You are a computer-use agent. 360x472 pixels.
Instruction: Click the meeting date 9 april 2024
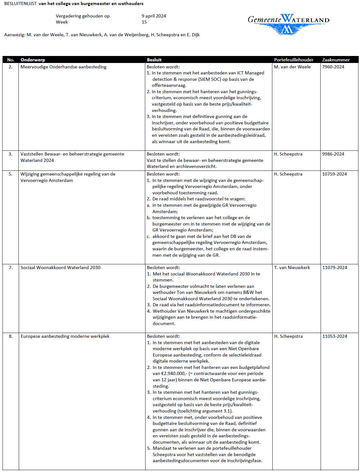(154, 16)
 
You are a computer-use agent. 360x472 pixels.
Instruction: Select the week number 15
(144, 22)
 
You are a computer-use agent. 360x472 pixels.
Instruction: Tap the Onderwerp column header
(33, 60)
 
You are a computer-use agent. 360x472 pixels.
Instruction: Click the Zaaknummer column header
(336, 60)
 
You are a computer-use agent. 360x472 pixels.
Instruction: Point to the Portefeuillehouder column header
(294, 60)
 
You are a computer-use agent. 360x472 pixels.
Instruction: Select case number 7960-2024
(333, 67)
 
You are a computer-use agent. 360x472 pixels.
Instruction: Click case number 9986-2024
(333, 154)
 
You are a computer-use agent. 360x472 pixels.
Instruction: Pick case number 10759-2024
(334, 174)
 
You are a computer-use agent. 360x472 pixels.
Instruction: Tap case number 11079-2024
(335, 267)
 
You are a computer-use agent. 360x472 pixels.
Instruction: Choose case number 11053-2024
(335, 336)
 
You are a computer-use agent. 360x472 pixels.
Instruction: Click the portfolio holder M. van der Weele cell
(292, 67)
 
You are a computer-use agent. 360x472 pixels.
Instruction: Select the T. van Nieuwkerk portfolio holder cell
(292, 267)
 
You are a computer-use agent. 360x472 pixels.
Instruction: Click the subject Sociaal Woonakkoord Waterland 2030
(60, 267)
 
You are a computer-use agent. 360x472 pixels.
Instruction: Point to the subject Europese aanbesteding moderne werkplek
(65, 336)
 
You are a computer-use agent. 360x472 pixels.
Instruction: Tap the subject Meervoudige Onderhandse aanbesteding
(63, 67)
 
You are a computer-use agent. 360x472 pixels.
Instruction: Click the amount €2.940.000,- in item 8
(173, 373)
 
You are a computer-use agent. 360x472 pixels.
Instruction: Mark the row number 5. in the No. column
(10, 174)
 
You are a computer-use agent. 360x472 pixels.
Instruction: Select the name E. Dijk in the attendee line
(193, 35)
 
